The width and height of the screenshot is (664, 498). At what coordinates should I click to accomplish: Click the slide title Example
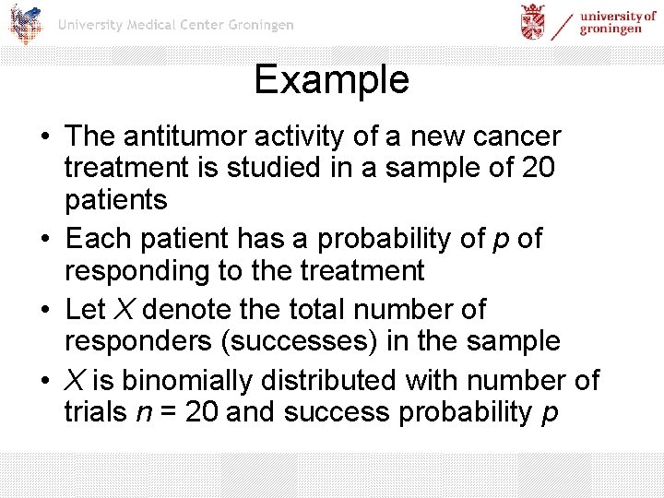[331, 79]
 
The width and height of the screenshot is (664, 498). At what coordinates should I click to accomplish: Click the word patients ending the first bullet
[115, 199]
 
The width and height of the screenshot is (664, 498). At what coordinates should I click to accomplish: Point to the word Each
[97, 239]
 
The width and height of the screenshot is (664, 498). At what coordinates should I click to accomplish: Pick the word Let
[86, 310]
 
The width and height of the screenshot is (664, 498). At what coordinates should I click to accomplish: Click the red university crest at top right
[533, 22]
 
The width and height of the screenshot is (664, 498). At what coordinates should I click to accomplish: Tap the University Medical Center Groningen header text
[175, 25]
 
